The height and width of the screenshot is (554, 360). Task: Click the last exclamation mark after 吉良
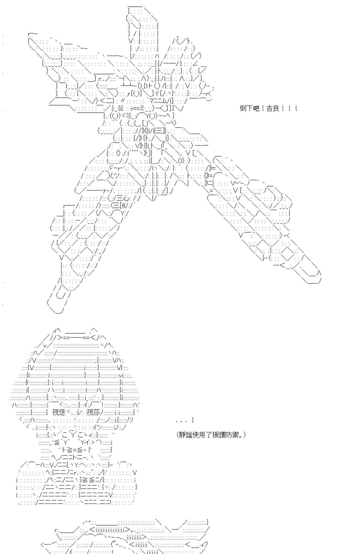click(x=296, y=108)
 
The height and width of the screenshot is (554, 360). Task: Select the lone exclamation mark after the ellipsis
click(x=192, y=420)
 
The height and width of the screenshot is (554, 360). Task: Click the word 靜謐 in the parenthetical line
click(x=185, y=435)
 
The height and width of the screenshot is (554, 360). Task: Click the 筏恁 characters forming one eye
click(x=59, y=412)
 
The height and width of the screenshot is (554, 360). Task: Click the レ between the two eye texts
click(x=79, y=412)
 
